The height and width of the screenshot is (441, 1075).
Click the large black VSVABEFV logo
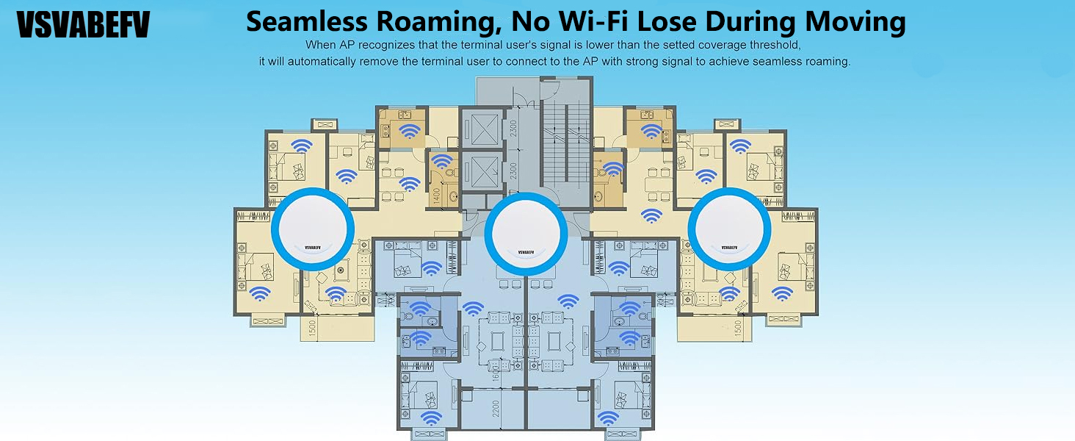83,24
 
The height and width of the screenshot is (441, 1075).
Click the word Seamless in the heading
307,22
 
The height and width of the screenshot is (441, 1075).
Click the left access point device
313,229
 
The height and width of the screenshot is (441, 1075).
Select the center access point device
526,234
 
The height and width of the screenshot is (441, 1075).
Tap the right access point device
729,229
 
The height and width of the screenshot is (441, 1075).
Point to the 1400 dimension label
437,196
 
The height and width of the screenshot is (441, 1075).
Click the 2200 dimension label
496,409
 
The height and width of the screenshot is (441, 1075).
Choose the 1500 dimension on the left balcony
312,328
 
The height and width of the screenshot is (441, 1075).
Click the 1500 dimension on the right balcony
738,328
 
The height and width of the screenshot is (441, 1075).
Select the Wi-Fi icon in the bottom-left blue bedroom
432,417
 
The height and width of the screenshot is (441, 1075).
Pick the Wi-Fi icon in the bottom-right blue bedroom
608,417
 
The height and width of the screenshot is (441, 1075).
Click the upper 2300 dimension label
513,129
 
